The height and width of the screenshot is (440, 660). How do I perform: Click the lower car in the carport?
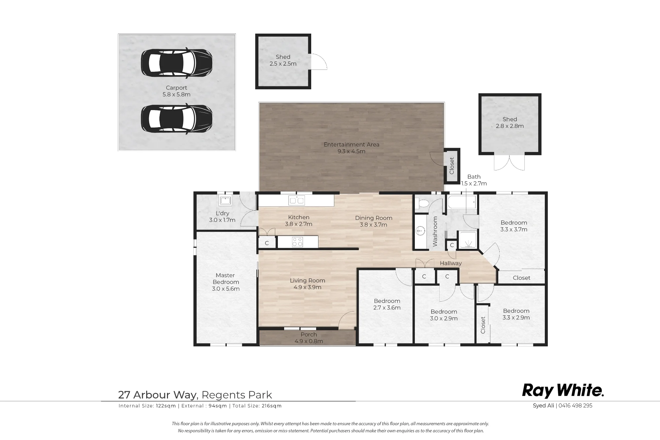177,119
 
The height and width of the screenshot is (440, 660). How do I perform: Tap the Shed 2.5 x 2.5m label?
283,60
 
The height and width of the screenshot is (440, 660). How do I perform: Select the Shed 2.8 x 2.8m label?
510,123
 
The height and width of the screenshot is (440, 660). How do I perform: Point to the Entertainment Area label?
351,148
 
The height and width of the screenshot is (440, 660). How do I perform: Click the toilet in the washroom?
421,203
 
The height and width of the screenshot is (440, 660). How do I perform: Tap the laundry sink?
225,200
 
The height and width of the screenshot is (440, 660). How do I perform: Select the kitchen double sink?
297,200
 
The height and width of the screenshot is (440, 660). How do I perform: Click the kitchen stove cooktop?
298,242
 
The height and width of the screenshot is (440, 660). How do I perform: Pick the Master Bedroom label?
226,282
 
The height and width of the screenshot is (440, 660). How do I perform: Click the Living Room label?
308,284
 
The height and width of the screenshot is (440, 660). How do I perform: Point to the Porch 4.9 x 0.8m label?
309,338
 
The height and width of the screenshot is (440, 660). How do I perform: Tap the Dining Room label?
374,221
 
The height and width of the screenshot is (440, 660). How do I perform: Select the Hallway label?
451,263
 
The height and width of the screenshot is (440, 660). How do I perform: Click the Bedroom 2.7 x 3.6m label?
387,304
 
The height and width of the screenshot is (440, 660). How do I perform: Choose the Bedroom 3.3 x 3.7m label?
514,226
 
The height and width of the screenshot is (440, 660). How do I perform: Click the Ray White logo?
563,391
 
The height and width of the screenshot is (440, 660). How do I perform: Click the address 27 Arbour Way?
158,395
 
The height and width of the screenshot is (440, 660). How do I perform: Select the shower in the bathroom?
467,240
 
